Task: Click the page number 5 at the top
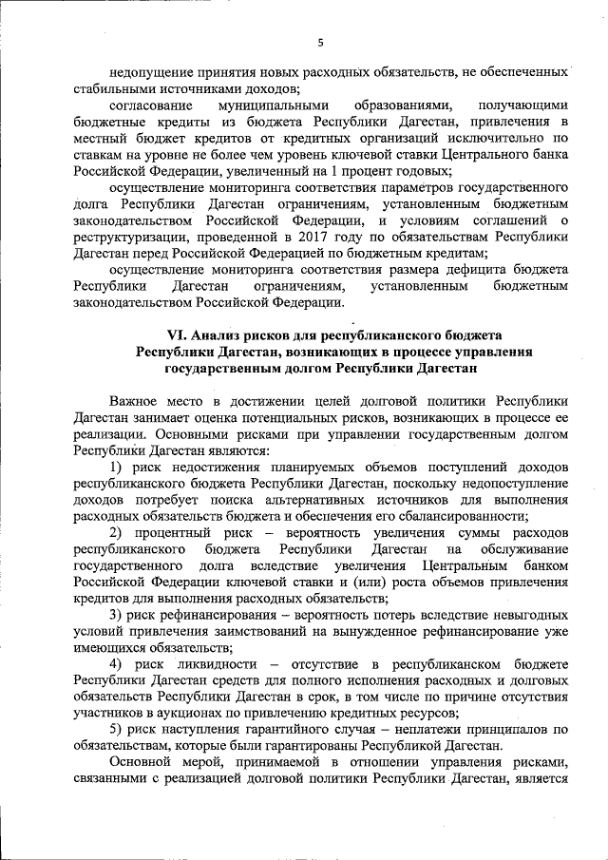pyautogui.click(x=320, y=42)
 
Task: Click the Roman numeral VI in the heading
pyautogui.click(x=176, y=335)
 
